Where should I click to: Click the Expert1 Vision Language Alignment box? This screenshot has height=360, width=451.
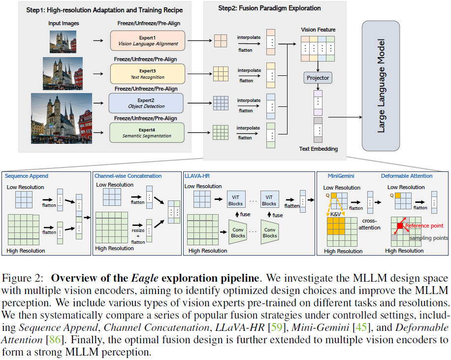pos(147,40)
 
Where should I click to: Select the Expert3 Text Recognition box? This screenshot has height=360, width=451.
pos(147,74)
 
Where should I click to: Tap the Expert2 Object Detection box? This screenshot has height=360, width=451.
pos(146,103)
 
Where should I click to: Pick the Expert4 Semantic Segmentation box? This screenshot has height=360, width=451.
pos(147,132)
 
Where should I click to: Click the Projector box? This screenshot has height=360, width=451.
pos(318,78)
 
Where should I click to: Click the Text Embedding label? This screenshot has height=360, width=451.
pos(318,149)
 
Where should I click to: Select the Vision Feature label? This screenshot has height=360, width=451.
pos(318,30)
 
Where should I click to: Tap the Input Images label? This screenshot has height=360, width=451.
pos(64,23)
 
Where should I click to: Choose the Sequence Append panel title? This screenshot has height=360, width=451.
pos(27,176)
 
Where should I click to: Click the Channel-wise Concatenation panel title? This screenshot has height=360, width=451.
pos(128,176)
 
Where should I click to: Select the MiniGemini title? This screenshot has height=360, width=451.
pos(342,176)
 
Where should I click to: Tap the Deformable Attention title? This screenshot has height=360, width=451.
pos(407,176)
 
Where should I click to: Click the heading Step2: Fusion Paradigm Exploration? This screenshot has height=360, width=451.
pos(269,8)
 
